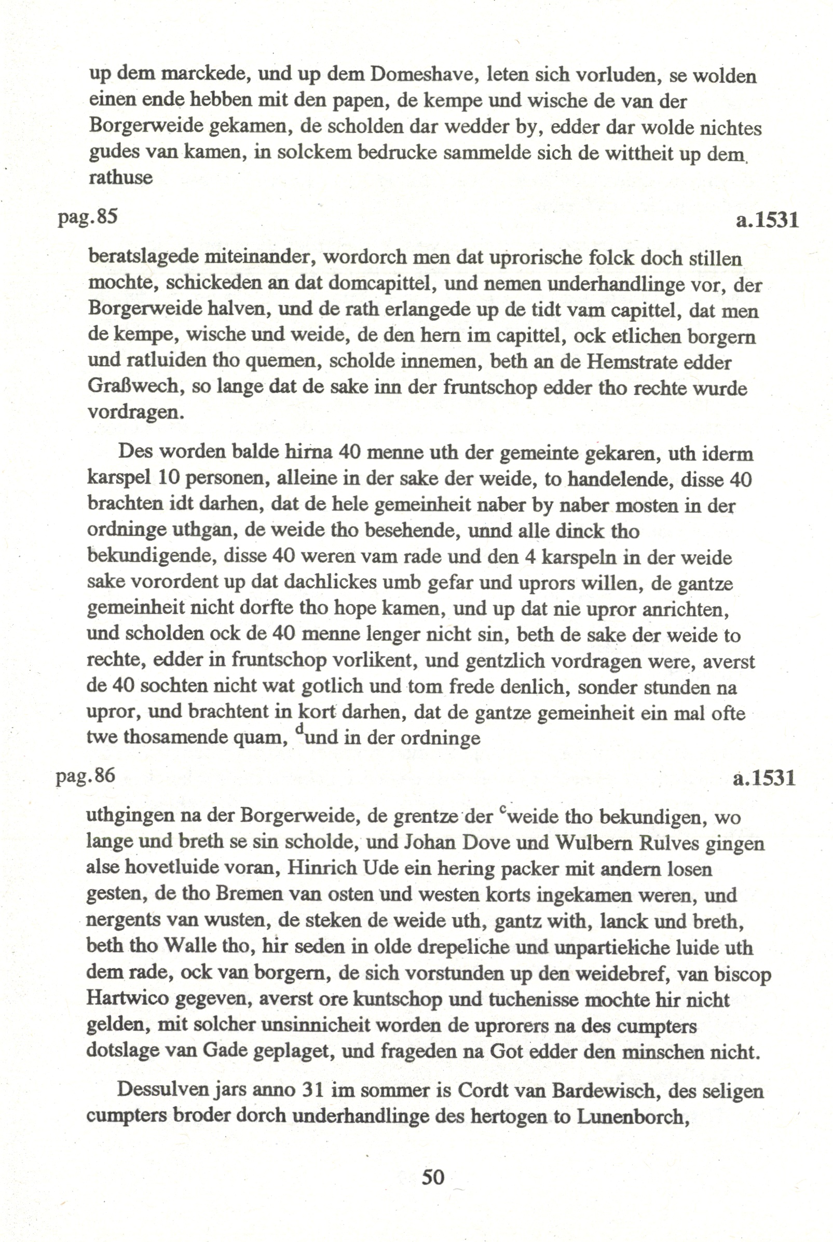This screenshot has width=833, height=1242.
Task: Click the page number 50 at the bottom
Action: point(432,1177)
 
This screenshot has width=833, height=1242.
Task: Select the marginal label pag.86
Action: point(86,776)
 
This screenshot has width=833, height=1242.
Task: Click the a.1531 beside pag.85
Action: point(767,220)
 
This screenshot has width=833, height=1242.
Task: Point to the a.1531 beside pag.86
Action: point(764,778)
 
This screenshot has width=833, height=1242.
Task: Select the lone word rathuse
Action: point(120,177)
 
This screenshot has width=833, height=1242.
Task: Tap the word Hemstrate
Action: point(632,362)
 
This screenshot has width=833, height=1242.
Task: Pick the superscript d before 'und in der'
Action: point(301,728)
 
